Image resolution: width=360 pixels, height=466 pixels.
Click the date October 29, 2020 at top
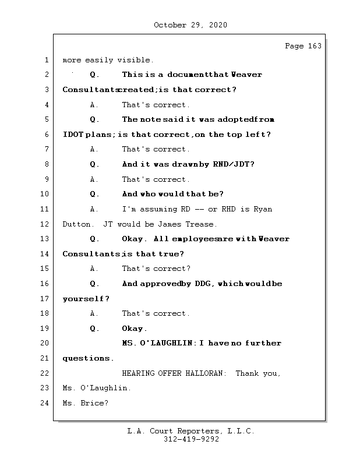coord(190,25)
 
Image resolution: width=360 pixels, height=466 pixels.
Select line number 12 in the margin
coord(45,224)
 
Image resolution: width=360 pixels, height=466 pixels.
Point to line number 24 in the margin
coord(45,403)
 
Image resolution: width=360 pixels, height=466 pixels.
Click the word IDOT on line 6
coord(73,135)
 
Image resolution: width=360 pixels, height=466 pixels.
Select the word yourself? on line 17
coord(86,299)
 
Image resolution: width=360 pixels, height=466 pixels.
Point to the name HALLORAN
coord(204,373)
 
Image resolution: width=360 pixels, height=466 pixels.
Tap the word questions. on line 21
coord(88,358)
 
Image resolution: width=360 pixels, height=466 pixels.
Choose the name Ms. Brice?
coord(85,403)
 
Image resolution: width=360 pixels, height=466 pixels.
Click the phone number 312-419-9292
coord(191,440)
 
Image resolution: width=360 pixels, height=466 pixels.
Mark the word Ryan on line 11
coord(262,209)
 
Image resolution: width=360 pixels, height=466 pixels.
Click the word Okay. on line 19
coord(135,329)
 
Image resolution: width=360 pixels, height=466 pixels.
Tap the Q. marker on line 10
coord(95,194)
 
